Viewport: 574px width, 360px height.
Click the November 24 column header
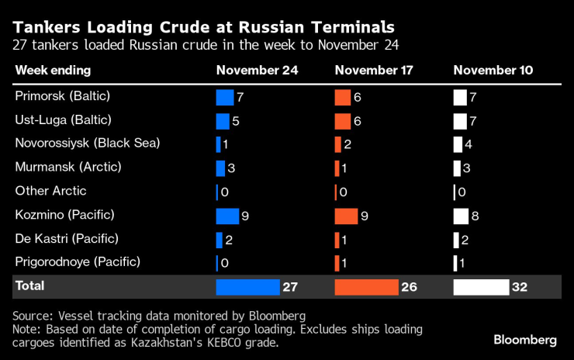(257, 71)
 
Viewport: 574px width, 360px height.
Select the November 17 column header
(374, 71)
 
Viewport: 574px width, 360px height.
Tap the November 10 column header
(493, 71)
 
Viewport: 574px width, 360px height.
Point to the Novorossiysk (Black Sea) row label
(88, 144)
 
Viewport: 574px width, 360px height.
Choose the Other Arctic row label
(51, 191)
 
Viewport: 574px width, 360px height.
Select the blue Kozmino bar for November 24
(227, 216)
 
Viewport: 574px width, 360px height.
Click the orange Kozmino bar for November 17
(346, 216)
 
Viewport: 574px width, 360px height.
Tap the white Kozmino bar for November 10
(461, 216)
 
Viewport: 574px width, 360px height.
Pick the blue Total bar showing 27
(247, 287)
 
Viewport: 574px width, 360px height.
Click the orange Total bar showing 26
(365, 287)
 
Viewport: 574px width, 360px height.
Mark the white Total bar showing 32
(481, 287)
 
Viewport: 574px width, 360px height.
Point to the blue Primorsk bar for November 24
(225, 98)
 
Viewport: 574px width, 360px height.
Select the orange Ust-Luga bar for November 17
(342, 121)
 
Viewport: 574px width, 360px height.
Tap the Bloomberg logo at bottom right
(525, 340)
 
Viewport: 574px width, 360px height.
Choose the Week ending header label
(53, 71)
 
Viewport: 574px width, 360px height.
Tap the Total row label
(29, 286)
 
